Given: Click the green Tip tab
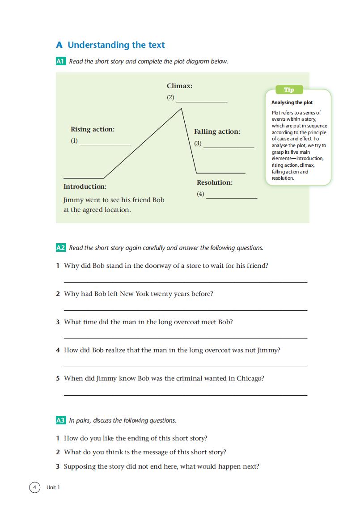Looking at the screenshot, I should coord(289,90).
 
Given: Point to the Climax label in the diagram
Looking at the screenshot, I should coord(179,86).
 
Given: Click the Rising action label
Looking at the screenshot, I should coord(93,129).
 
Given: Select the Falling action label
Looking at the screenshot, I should coord(217,131).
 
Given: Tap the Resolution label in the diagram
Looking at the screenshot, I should coord(215,182).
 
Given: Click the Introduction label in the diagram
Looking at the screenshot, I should coord(85,186).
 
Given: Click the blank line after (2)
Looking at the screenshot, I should coord(202,102).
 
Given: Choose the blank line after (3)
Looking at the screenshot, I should coord(229,147).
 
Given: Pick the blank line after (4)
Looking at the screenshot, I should coord(232,198).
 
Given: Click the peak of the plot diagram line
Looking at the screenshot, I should coord(181,108).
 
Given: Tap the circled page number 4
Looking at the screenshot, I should coord(34,487).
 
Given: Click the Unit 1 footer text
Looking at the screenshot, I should coord(53,487).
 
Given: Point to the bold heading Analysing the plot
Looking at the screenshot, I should coord(292,102).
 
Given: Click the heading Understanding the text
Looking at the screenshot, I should coord(116,45).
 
